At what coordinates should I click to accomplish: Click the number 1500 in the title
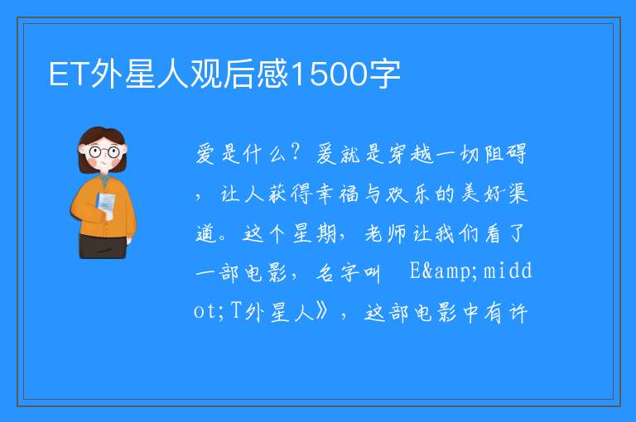tap(328, 74)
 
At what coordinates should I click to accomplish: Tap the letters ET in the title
tap(69, 74)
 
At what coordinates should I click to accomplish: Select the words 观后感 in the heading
tap(238, 74)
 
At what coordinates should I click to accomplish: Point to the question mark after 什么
tap(296, 152)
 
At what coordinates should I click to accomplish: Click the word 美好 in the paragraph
tap(481, 194)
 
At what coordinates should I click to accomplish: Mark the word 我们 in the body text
tap(456, 233)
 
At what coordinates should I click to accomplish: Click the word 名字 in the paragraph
tap(337, 273)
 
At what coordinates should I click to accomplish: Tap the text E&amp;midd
tap(470, 271)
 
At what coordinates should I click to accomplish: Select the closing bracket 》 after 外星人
tap(321, 311)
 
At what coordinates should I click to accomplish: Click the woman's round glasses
tap(104, 152)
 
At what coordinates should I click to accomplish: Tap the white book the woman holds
tap(106, 205)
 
